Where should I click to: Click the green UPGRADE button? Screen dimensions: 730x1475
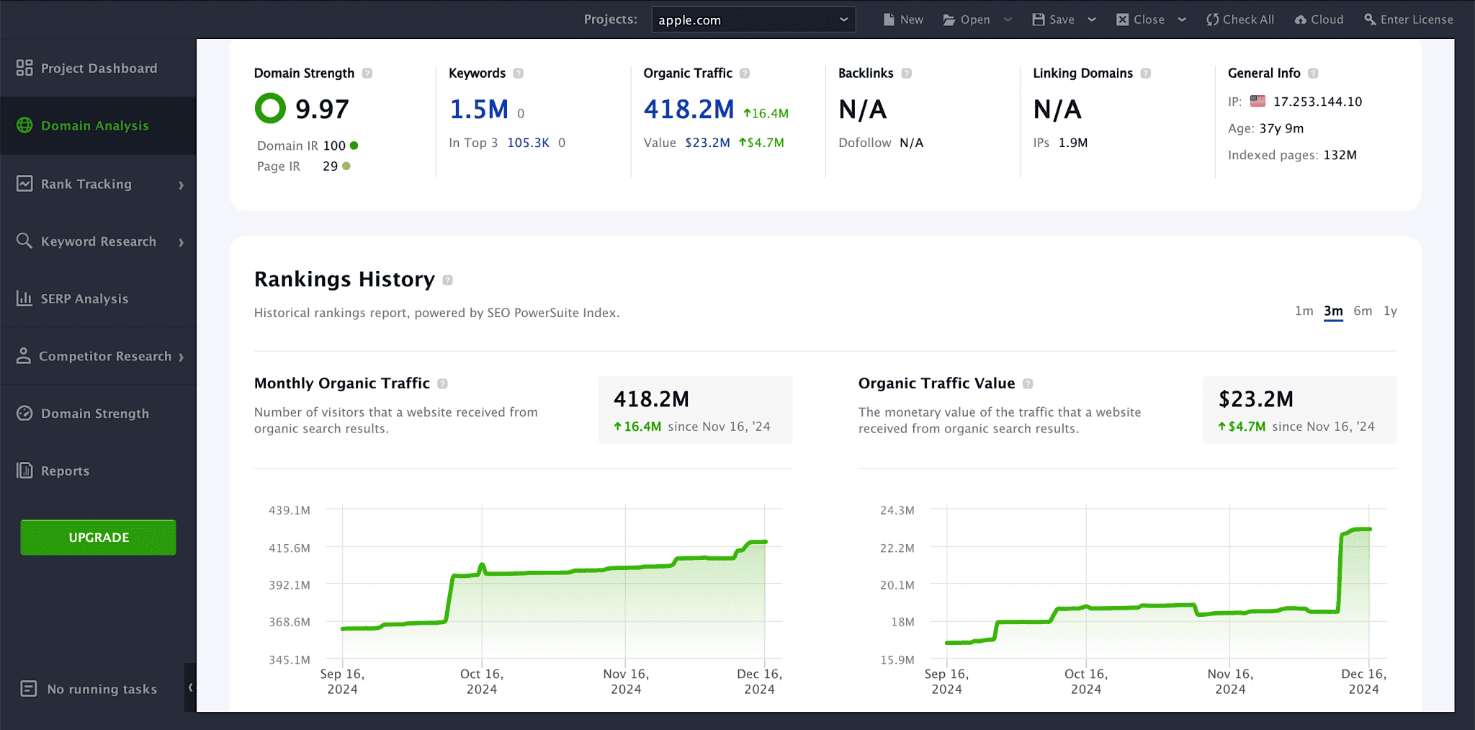click(x=99, y=538)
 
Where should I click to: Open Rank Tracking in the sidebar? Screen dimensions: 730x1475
click(x=86, y=184)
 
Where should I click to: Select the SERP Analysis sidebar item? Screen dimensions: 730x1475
click(x=84, y=298)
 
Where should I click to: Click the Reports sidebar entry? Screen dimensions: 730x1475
click(x=65, y=471)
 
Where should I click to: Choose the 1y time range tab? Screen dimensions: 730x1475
click(x=1390, y=311)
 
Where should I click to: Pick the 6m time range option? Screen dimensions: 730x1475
click(x=1362, y=311)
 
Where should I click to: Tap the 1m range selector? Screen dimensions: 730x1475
click(x=1304, y=311)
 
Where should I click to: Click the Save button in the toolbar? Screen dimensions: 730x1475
click(x=1054, y=19)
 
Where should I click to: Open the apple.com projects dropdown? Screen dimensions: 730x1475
click(x=753, y=19)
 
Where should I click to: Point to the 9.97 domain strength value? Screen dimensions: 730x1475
click(x=322, y=110)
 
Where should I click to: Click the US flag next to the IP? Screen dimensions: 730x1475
click(x=1257, y=101)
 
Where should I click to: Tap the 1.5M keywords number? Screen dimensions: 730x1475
click(x=479, y=110)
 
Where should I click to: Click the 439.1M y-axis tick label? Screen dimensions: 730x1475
click(x=290, y=510)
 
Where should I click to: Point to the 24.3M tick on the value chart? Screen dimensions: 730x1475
click(x=897, y=510)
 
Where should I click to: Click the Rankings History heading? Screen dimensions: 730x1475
click(x=344, y=279)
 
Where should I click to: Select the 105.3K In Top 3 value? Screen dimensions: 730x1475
click(x=528, y=143)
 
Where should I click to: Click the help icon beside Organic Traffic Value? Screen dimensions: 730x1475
click(x=1028, y=384)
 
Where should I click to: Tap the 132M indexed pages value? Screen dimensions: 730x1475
click(x=1340, y=155)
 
